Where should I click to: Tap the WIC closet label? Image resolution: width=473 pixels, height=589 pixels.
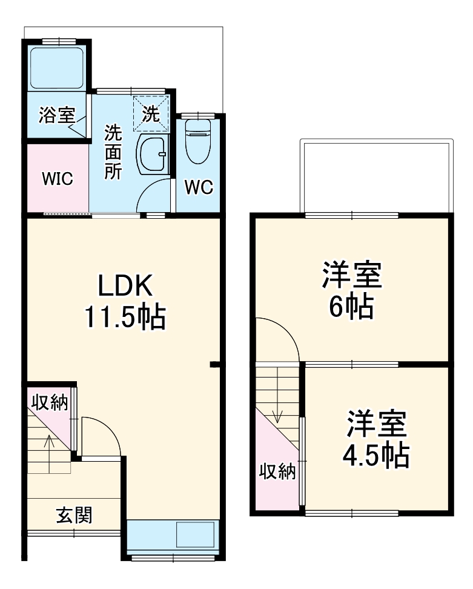tap(57, 179)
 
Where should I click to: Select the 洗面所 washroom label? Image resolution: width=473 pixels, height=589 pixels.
tap(113, 151)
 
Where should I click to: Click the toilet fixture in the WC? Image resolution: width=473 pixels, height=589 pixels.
tap(197, 141)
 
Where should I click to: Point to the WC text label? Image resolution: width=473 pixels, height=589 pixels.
tap(199, 188)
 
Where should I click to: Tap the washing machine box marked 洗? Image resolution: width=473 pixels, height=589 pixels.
tap(151, 113)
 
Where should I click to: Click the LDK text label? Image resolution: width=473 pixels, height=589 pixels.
tap(124, 285)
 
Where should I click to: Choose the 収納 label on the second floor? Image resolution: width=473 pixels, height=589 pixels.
tap(278, 471)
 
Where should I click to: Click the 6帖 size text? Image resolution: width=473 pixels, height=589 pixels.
tap(351, 308)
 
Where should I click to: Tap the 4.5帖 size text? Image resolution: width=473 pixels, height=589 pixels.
tap(375, 456)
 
